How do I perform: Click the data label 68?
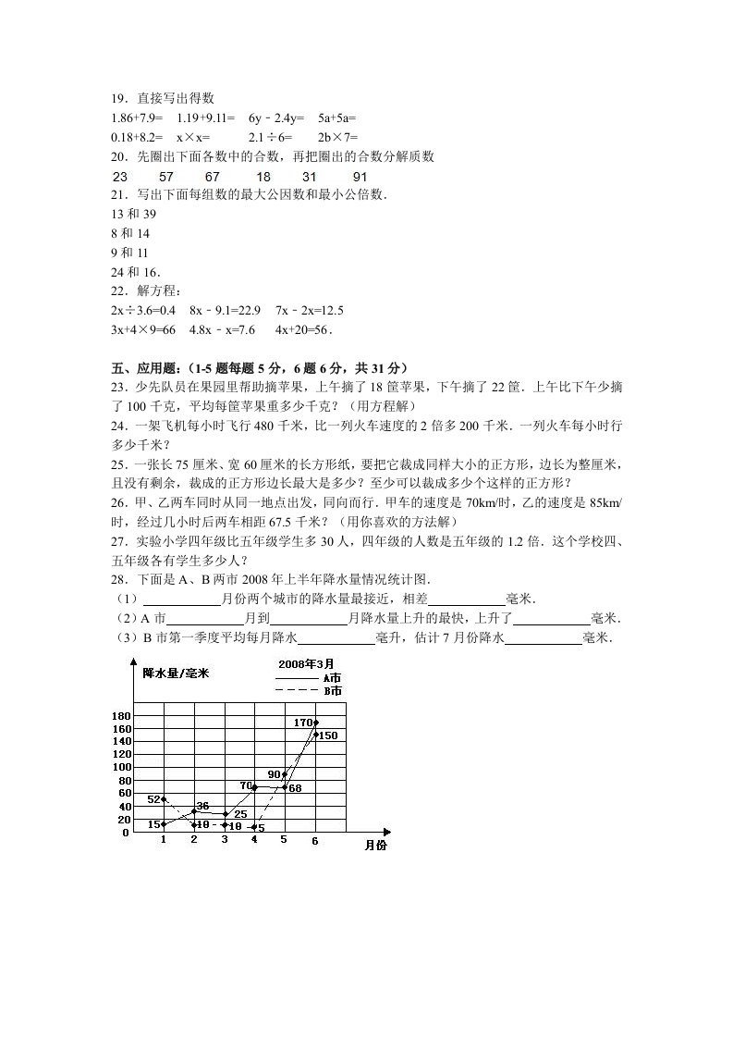point(296,788)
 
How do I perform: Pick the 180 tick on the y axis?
point(120,716)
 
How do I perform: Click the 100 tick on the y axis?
point(120,767)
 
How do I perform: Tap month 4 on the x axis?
point(254,840)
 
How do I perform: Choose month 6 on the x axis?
point(315,841)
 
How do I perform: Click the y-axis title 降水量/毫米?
point(176,673)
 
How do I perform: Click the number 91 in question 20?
point(360,176)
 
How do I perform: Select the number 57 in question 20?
point(166,176)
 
